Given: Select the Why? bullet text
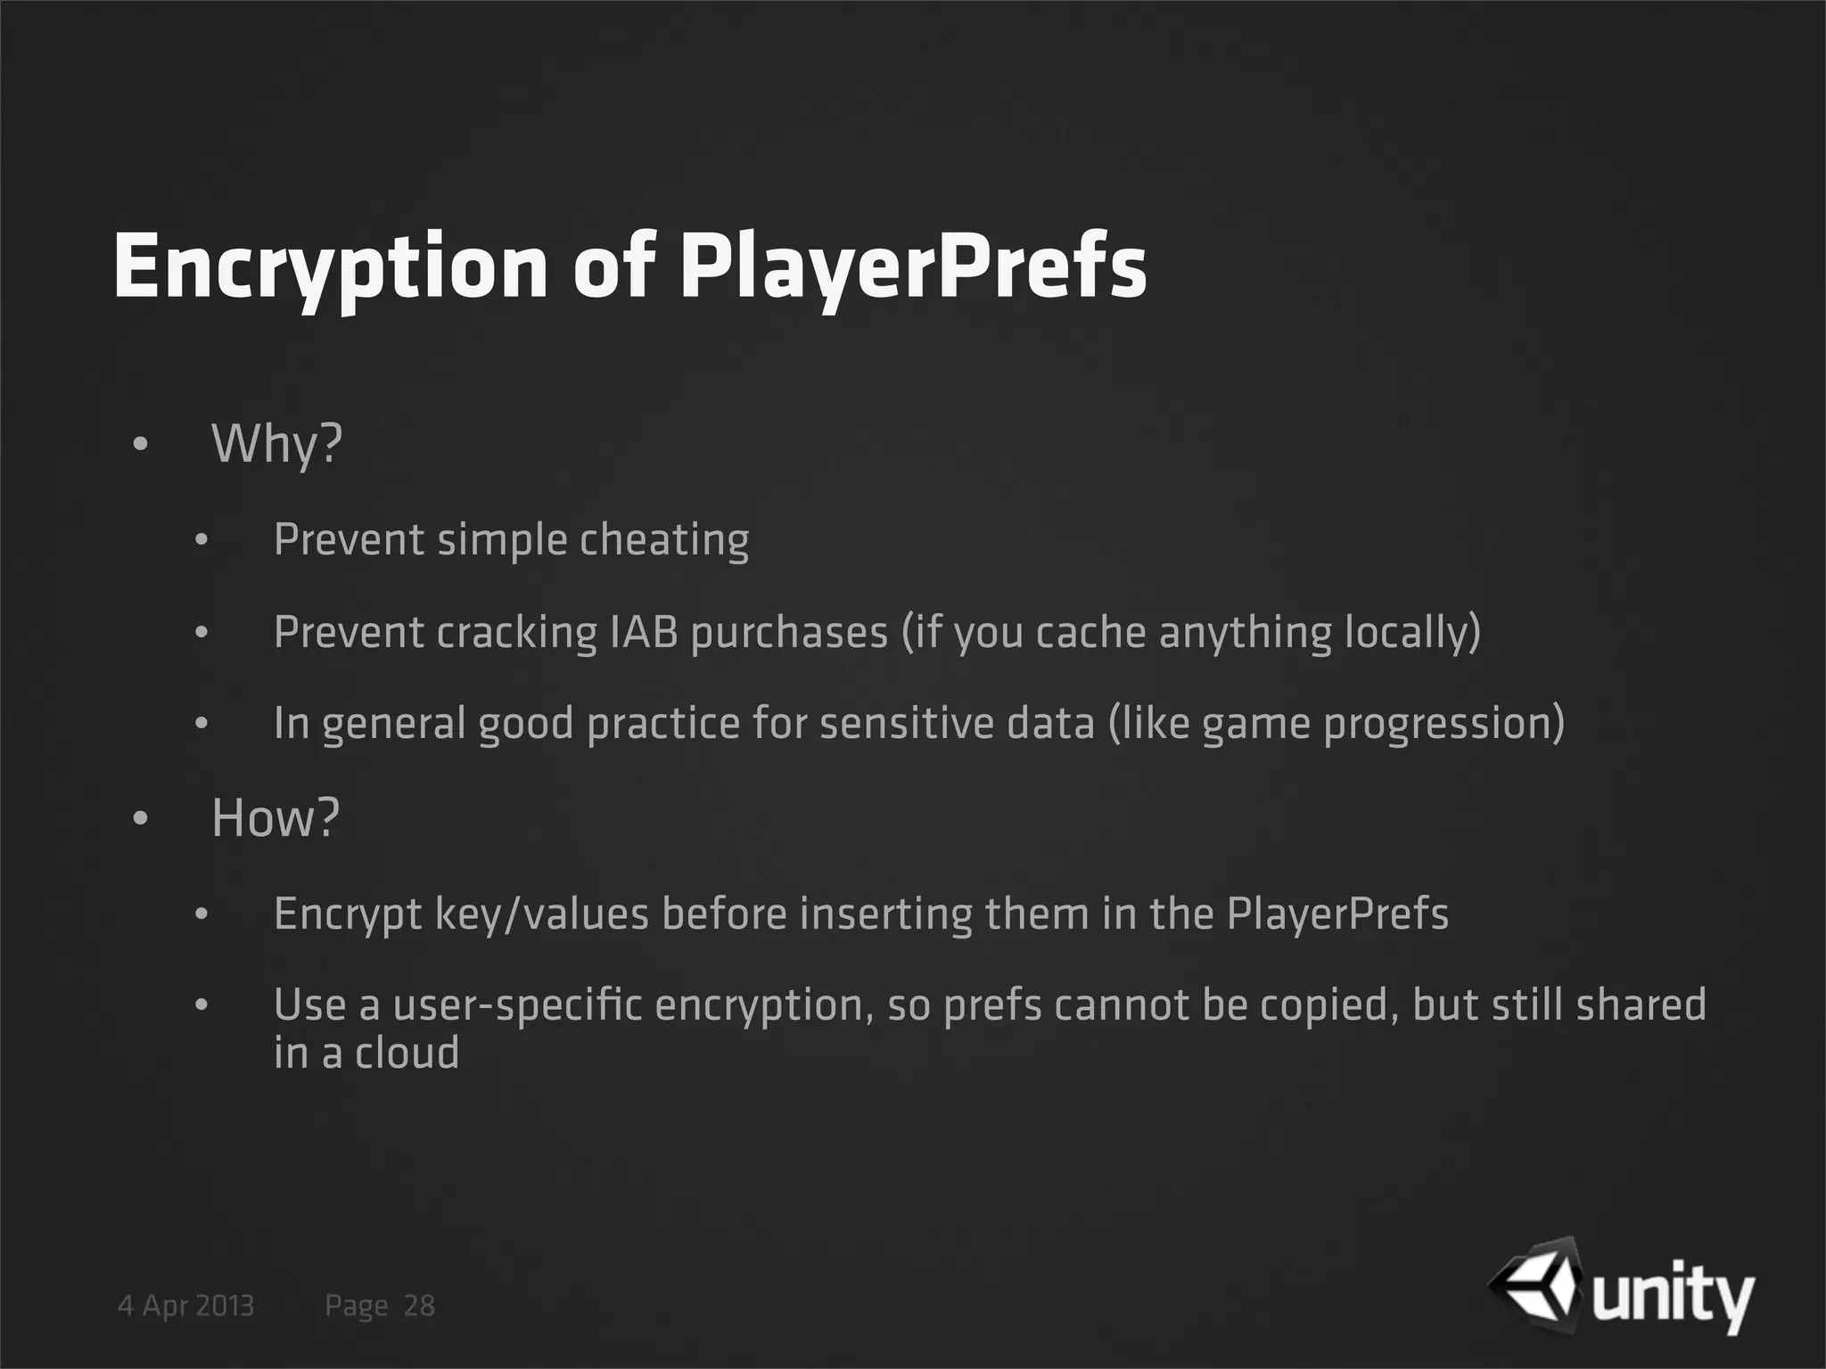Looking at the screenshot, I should (276, 443).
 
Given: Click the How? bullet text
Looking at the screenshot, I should (276, 817).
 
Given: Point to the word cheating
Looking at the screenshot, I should (664, 540).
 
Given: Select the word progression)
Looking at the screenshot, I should (1444, 723).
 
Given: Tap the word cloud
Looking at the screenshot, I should (407, 1053).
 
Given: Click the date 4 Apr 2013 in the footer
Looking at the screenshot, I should (186, 1306).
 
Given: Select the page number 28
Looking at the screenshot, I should (419, 1306).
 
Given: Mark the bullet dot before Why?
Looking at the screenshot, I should (139, 444).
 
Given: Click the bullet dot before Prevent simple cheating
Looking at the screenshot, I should (202, 540).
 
